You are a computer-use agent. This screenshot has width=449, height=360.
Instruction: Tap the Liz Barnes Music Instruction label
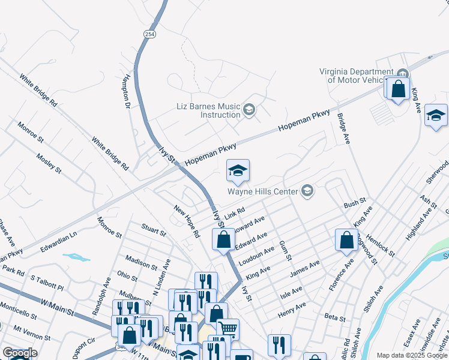pyautogui.click(x=208, y=110)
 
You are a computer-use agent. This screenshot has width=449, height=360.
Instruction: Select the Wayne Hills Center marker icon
pyautogui.click(x=307, y=191)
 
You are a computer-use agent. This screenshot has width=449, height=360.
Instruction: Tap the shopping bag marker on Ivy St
pyautogui.click(x=223, y=240)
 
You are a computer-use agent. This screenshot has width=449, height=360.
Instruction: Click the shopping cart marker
pyautogui.click(x=228, y=329)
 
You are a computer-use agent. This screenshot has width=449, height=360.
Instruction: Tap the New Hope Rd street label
pyautogui.click(x=186, y=221)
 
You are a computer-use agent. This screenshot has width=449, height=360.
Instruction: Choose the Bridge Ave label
pyautogui.click(x=343, y=129)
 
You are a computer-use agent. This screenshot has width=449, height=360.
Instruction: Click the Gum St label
pyautogui.click(x=285, y=250)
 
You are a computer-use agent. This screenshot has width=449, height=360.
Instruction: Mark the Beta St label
pyautogui.click(x=335, y=317)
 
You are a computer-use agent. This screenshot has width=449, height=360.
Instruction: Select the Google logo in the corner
pyautogui.click(x=20, y=353)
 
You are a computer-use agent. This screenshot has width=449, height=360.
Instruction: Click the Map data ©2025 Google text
pyautogui.click(x=411, y=355)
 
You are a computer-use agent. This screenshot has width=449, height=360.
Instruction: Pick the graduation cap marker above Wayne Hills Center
pyautogui.click(x=238, y=172)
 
